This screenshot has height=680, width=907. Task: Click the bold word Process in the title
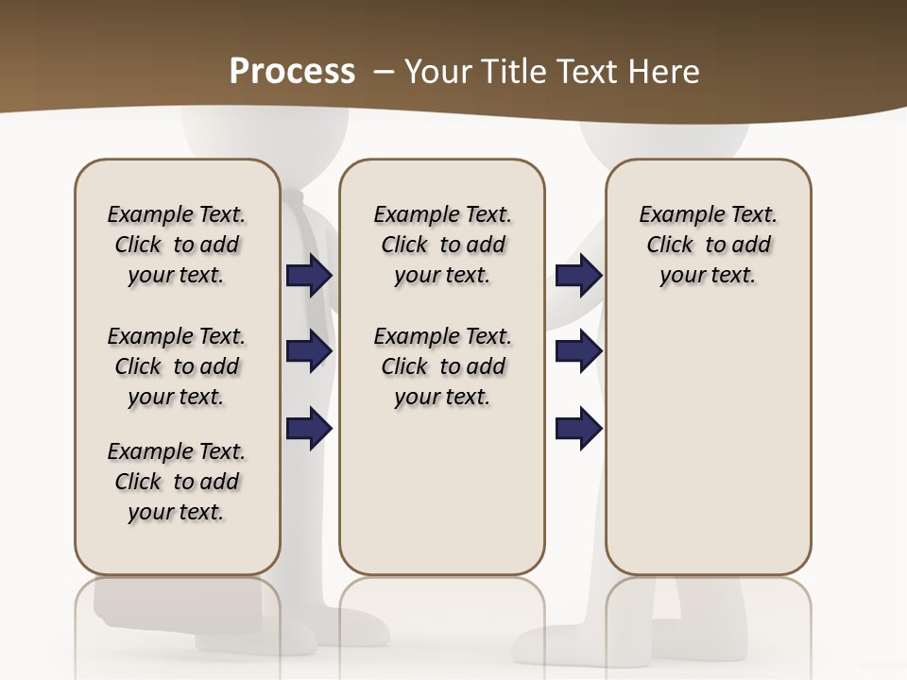(x=292, y=71)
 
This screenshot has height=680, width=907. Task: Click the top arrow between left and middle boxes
(x=309, y=275)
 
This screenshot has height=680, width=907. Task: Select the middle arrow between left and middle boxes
(x=309, y=351)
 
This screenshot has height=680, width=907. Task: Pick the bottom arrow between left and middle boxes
(x=309, y=429)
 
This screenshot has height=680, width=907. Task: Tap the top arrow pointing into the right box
(x=579, y=275)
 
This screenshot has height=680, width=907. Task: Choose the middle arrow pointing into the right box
(x=579, y=351)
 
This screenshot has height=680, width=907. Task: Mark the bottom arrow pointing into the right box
(x=579, y=429)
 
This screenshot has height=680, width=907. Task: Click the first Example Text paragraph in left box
(x=177, y=245)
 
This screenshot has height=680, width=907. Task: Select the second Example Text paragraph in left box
(x=177, y=366)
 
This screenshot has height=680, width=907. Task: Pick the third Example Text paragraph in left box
(x=177, y=482)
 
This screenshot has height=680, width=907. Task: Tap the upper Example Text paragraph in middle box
(x=442, y=245)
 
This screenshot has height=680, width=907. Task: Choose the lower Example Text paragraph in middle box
(x=442, y=366)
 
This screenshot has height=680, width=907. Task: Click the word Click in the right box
(x=670, y=245)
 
